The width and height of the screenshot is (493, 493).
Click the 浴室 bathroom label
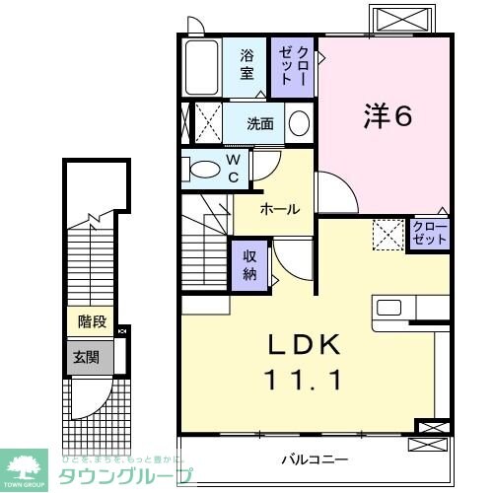click(247, 64)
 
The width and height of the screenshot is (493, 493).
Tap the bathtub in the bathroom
click(202, 66)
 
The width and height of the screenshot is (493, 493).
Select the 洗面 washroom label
click(259, 124)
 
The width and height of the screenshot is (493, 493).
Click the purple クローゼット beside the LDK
click(430, 234)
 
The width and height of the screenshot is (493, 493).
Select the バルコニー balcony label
click(314, 458)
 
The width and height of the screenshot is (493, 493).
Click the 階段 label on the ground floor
click(92, 322)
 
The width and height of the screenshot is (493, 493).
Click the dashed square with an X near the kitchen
click(387, 234)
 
